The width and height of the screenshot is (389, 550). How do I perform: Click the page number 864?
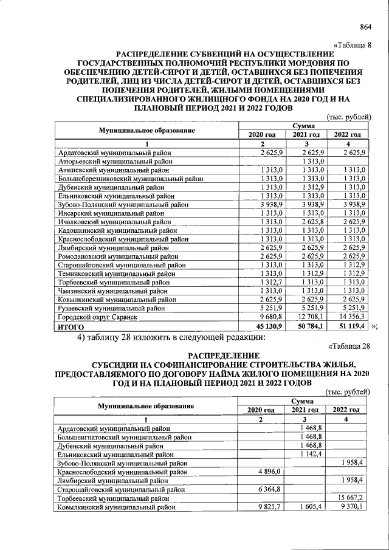coord(365,26)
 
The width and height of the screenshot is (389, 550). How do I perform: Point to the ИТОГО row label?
coord(71,326)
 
